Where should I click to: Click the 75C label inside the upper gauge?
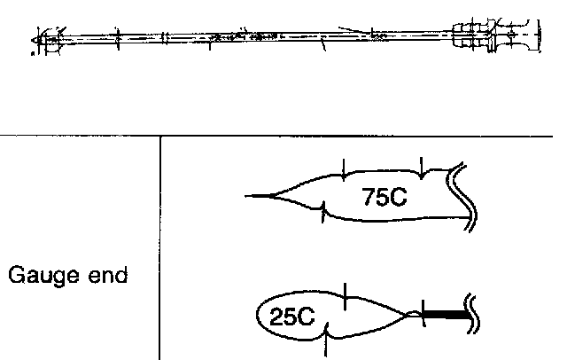coord(384,197)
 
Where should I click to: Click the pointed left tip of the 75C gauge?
coord(251,195)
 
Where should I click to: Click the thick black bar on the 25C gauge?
coord(447,313)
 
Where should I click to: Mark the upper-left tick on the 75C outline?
coord(343,168)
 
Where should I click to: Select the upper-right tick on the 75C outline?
coord(423,166)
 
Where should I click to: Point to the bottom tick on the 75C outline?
coord(324,213)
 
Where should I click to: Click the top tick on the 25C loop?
coord(345,294)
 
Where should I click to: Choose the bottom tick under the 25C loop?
coord(329,341)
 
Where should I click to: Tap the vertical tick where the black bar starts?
coord(423,311)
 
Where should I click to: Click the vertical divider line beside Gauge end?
coord(160,248)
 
